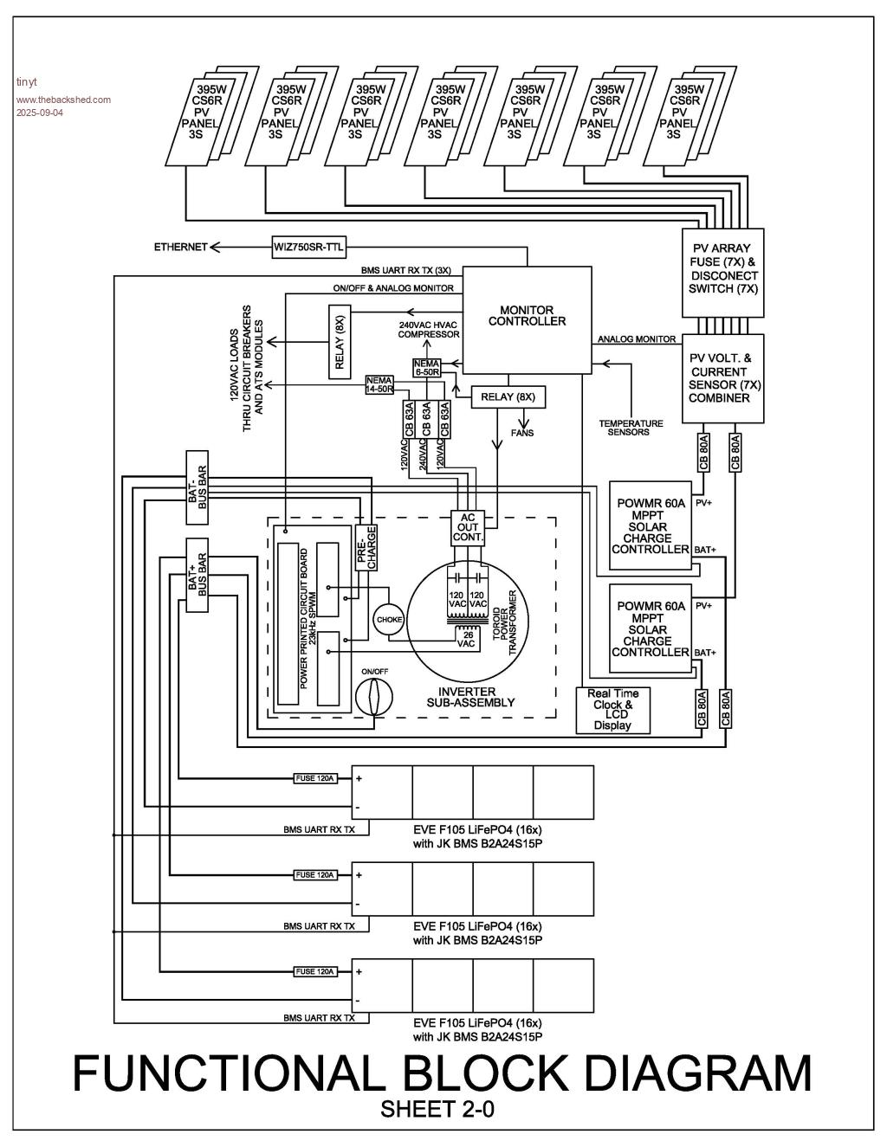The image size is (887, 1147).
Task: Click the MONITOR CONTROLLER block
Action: tap(527, 319)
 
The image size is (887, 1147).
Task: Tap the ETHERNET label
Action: tap(181, 247)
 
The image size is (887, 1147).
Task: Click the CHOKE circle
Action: tap(389, 620)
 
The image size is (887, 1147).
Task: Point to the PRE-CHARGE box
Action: tap(366, 548)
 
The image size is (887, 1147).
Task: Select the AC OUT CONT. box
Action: tap(468, 527)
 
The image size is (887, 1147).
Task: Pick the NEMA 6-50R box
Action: tap(427, 366)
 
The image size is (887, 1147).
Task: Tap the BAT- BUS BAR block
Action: tap(197, 487)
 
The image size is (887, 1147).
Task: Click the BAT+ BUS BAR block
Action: tap(197, 575)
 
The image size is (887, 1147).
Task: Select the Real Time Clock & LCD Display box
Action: tap(612, 710)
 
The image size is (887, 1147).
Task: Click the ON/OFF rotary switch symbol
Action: tap(373, 695)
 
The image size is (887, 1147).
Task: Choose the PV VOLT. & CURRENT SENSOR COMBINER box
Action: tap(723, 378)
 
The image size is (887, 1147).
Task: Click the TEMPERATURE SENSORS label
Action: tap(631, 428)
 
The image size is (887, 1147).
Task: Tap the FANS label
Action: tap(522, 432)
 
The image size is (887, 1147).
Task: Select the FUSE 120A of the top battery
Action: tap(315, 778)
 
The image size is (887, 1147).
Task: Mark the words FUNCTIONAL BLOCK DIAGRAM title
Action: tap(442, 1073)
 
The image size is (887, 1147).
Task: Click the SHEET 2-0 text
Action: tap(437, 1109)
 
